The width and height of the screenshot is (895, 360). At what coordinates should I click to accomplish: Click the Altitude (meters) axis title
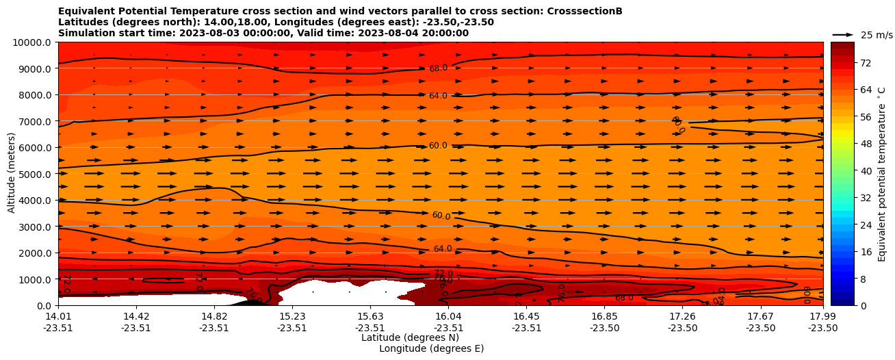(x=12, y=174)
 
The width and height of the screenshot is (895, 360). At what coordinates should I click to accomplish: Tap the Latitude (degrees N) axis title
(x=410, y=337)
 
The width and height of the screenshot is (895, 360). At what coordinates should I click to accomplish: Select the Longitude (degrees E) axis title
(x=431, y=348)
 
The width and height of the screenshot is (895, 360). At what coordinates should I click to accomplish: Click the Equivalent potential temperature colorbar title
(x=882, y=174)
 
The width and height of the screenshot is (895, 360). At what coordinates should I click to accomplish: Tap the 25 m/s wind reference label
(x=876, y=35)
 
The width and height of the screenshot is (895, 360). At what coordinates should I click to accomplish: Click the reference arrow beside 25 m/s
(x=843, y=35)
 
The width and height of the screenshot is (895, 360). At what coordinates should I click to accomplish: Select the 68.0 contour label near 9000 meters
(x=438, y=68)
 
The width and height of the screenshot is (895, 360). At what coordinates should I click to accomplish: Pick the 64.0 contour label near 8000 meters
(x=438, y=96)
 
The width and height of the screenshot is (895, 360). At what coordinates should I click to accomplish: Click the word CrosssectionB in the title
(x=584, y=11)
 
